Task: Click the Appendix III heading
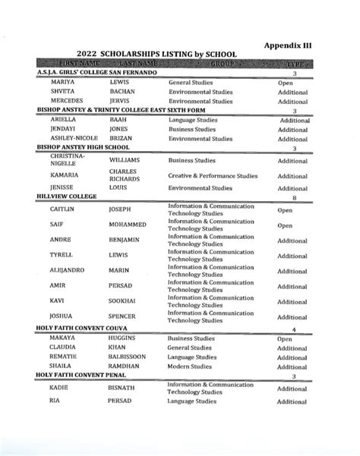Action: (x=288, y=45)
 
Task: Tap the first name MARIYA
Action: (x=62, y=81)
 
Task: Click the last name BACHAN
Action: (x=122, y=91)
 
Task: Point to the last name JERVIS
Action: (x=121, y=100)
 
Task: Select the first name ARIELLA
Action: (x=62, y=120)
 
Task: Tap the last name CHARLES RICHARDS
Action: (x=123, y=176)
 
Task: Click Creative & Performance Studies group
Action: (x=213, y=176)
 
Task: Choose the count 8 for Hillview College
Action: (x=294, y=197)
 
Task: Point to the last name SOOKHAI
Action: (x=125, y=301)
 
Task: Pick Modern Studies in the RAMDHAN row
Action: (x=192, y=366)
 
